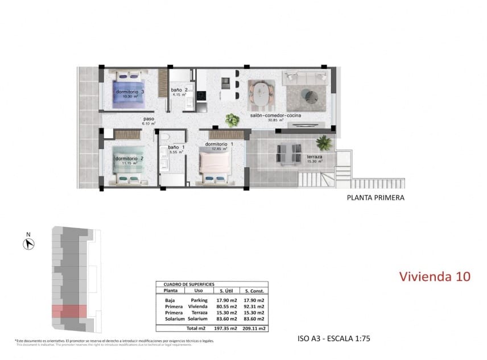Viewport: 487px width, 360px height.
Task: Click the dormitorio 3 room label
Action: pyautogui.click(x=129, y=92)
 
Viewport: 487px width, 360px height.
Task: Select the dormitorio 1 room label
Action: pyautogui.click(x=220, y=144)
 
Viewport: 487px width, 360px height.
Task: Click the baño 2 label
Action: pyautogui.click(x=179, y=90)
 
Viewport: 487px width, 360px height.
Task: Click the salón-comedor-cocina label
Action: pyautogui.click(x=275, y=115)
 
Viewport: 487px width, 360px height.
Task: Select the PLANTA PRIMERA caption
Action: pyautogui.click(x=375, y=198)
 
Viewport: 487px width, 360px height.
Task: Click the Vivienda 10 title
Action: pyautogui.click(x=435, y=277)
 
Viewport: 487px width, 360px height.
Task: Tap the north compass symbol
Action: pyautogui.click(x=28, y=243)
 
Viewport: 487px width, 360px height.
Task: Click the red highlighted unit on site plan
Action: pyautogui.click(x=69, y=311)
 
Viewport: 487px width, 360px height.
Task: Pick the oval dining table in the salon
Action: pyautogui.click(x=261, y=94)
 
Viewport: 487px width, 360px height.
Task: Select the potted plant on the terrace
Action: pyautogui.click(x=324, y=142)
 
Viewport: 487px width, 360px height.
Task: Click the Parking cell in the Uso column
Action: pyautogui.click(x=199, y=300)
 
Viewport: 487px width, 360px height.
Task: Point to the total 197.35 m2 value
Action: pyautogui.click(x=225, y=328)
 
